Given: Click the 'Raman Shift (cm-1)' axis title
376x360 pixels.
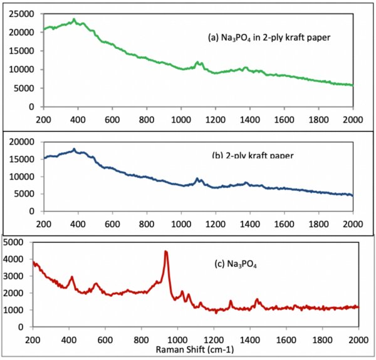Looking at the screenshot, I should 188,348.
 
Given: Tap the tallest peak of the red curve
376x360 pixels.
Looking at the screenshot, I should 166,252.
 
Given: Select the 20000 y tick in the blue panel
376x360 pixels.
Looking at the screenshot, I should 23,142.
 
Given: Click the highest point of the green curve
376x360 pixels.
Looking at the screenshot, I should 74,19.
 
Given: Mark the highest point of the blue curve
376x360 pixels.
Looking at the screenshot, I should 74,149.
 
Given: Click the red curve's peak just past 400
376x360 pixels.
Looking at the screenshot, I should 72,277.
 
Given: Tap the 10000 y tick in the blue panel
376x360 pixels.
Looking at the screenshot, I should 23,177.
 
